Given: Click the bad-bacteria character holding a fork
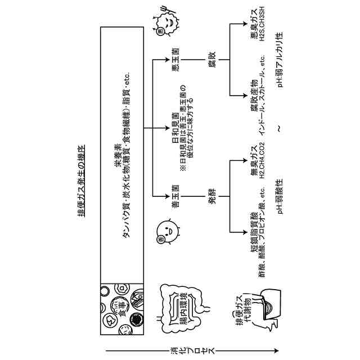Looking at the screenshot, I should pos(163,22).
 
